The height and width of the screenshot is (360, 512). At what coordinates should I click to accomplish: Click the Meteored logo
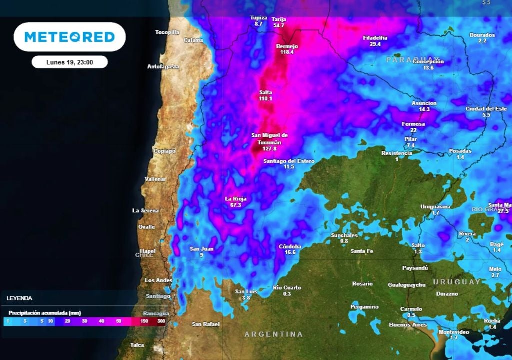coord(69,37)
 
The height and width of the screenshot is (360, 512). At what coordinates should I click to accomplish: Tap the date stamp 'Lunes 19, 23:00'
coord(69,62)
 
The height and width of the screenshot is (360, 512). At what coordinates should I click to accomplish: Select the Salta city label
coord(266,92)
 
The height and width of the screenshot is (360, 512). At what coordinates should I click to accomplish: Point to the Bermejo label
coord(287,46)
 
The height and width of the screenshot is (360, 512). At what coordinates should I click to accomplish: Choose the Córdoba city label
coord(290,246)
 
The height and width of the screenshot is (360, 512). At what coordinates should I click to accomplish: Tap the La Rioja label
coord(236,198)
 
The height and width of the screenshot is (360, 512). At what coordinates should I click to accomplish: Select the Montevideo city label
coord(454,332)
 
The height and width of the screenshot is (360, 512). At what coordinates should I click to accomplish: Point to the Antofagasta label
coord(163,66)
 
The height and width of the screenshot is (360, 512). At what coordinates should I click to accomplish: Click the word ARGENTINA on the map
coord(273,334)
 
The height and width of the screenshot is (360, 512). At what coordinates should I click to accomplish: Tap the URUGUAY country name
coord(456,282)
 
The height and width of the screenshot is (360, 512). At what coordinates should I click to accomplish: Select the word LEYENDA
coord(20,298)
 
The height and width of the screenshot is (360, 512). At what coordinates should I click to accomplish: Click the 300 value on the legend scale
coord(161,321)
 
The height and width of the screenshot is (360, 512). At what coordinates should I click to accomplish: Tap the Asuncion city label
coord(424,103)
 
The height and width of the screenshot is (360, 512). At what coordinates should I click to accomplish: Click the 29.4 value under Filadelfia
coord(375,44)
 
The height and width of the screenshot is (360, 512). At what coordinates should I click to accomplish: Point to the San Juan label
coord(202,249)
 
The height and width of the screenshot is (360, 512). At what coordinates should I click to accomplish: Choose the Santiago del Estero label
coord(289,161)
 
